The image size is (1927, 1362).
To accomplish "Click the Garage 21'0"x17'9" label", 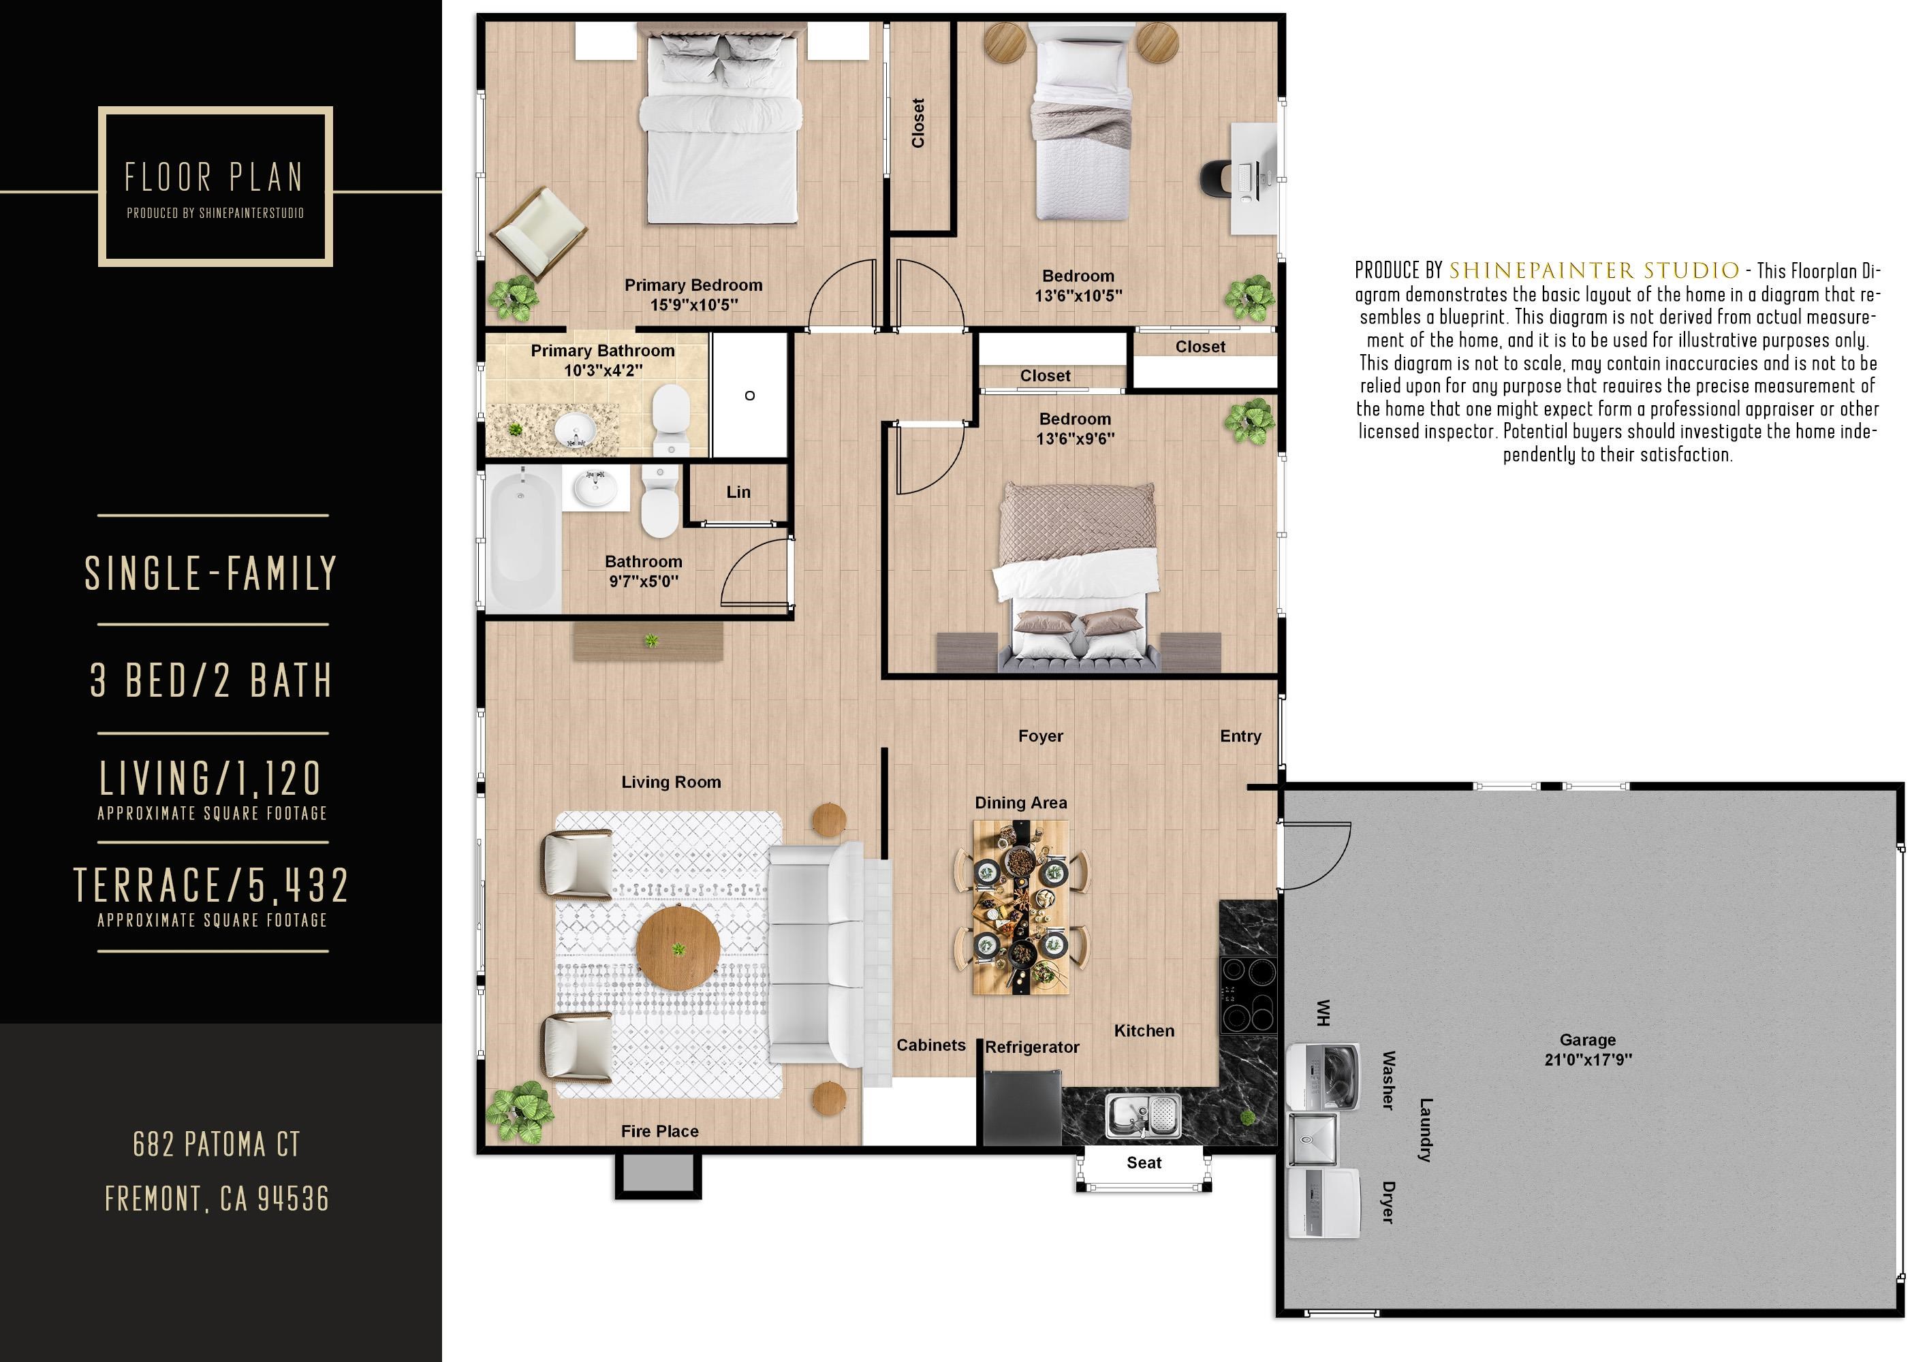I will (x=1587, y=1049).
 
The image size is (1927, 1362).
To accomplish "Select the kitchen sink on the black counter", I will (x=1143, y=1115).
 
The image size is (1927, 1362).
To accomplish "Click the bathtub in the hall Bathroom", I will (x=524, y=539).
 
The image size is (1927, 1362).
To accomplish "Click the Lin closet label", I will (x=738, y=492).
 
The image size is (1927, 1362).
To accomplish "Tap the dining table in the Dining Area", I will (x=1020, y=907).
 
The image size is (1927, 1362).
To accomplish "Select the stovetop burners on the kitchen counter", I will (x=1247, y=995).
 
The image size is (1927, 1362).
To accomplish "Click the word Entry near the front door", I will (x=1240, y=736).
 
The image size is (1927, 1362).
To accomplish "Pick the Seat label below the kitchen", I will (x=1143, y=1162).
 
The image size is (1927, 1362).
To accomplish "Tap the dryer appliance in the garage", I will (x=1323, y=1204).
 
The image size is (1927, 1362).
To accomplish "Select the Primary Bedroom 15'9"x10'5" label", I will (x=693, y=295).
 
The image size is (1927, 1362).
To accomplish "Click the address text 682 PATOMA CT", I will (x=217, y=1144).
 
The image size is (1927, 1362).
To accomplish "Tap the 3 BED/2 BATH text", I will (x=211, y=680).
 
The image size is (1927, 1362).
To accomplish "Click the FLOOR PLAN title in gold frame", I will (x=214, y=178).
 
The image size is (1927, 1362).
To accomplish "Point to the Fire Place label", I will (x=659, y=1131).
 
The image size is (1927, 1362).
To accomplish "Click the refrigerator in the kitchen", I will (x=1022, y=1108).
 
